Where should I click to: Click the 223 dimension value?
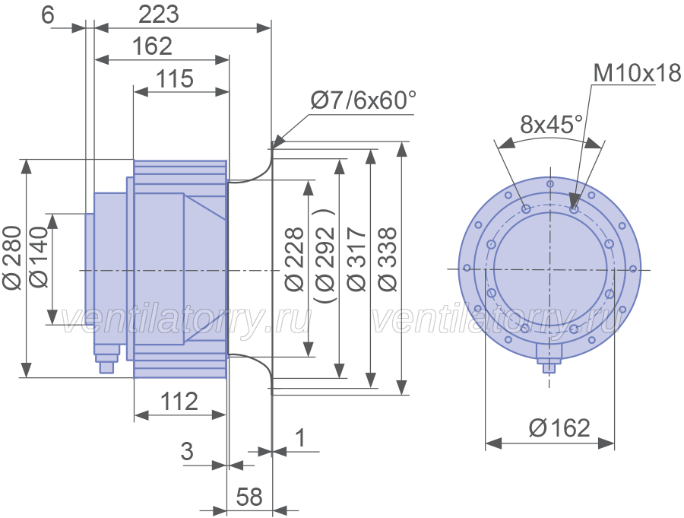[x=159, y=14]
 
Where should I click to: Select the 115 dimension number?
[x=175, y=79]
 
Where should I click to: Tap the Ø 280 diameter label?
[x=11, y=258]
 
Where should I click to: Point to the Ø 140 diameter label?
[x=40, y=258]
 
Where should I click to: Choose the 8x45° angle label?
[x=551, y=125]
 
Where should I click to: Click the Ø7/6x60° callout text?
[x=363, y=100]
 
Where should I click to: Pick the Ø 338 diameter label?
[x=388, y=259]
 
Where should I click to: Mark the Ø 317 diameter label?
[x=357, y=259]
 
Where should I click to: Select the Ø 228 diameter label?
[x=294, y=259]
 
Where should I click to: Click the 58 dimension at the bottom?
[x=249, y=497]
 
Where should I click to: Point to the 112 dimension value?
[x=179, y=401]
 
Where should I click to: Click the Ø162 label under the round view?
[x=559, y=427]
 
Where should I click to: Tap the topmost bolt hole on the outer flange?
[x=550, y=184]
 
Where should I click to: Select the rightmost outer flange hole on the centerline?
[x=633, y=269]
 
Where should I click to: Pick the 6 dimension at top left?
[x=48, y=15]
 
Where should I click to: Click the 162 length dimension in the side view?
[x=152, y=46]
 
